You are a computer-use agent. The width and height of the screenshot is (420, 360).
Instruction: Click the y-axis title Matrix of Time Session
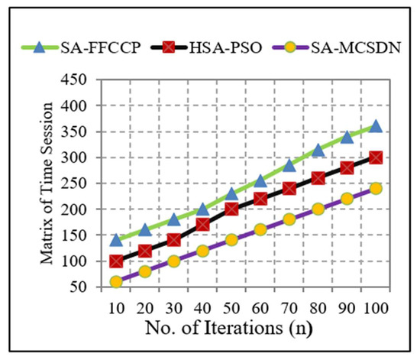click(x=57, y=183)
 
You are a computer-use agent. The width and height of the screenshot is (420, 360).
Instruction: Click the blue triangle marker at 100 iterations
click(x=375, y=126)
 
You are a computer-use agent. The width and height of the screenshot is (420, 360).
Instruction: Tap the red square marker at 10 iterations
click(x=117, y=261)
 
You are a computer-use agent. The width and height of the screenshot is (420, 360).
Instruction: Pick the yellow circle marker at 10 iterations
click(x=117, y=281)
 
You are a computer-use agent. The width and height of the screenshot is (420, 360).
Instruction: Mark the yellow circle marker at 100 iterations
click(x=375, y=188)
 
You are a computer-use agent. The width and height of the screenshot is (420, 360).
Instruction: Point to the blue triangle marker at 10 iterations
click(x=117, y=240)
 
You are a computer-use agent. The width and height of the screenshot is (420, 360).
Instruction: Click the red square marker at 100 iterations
click(x=375, y=157)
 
